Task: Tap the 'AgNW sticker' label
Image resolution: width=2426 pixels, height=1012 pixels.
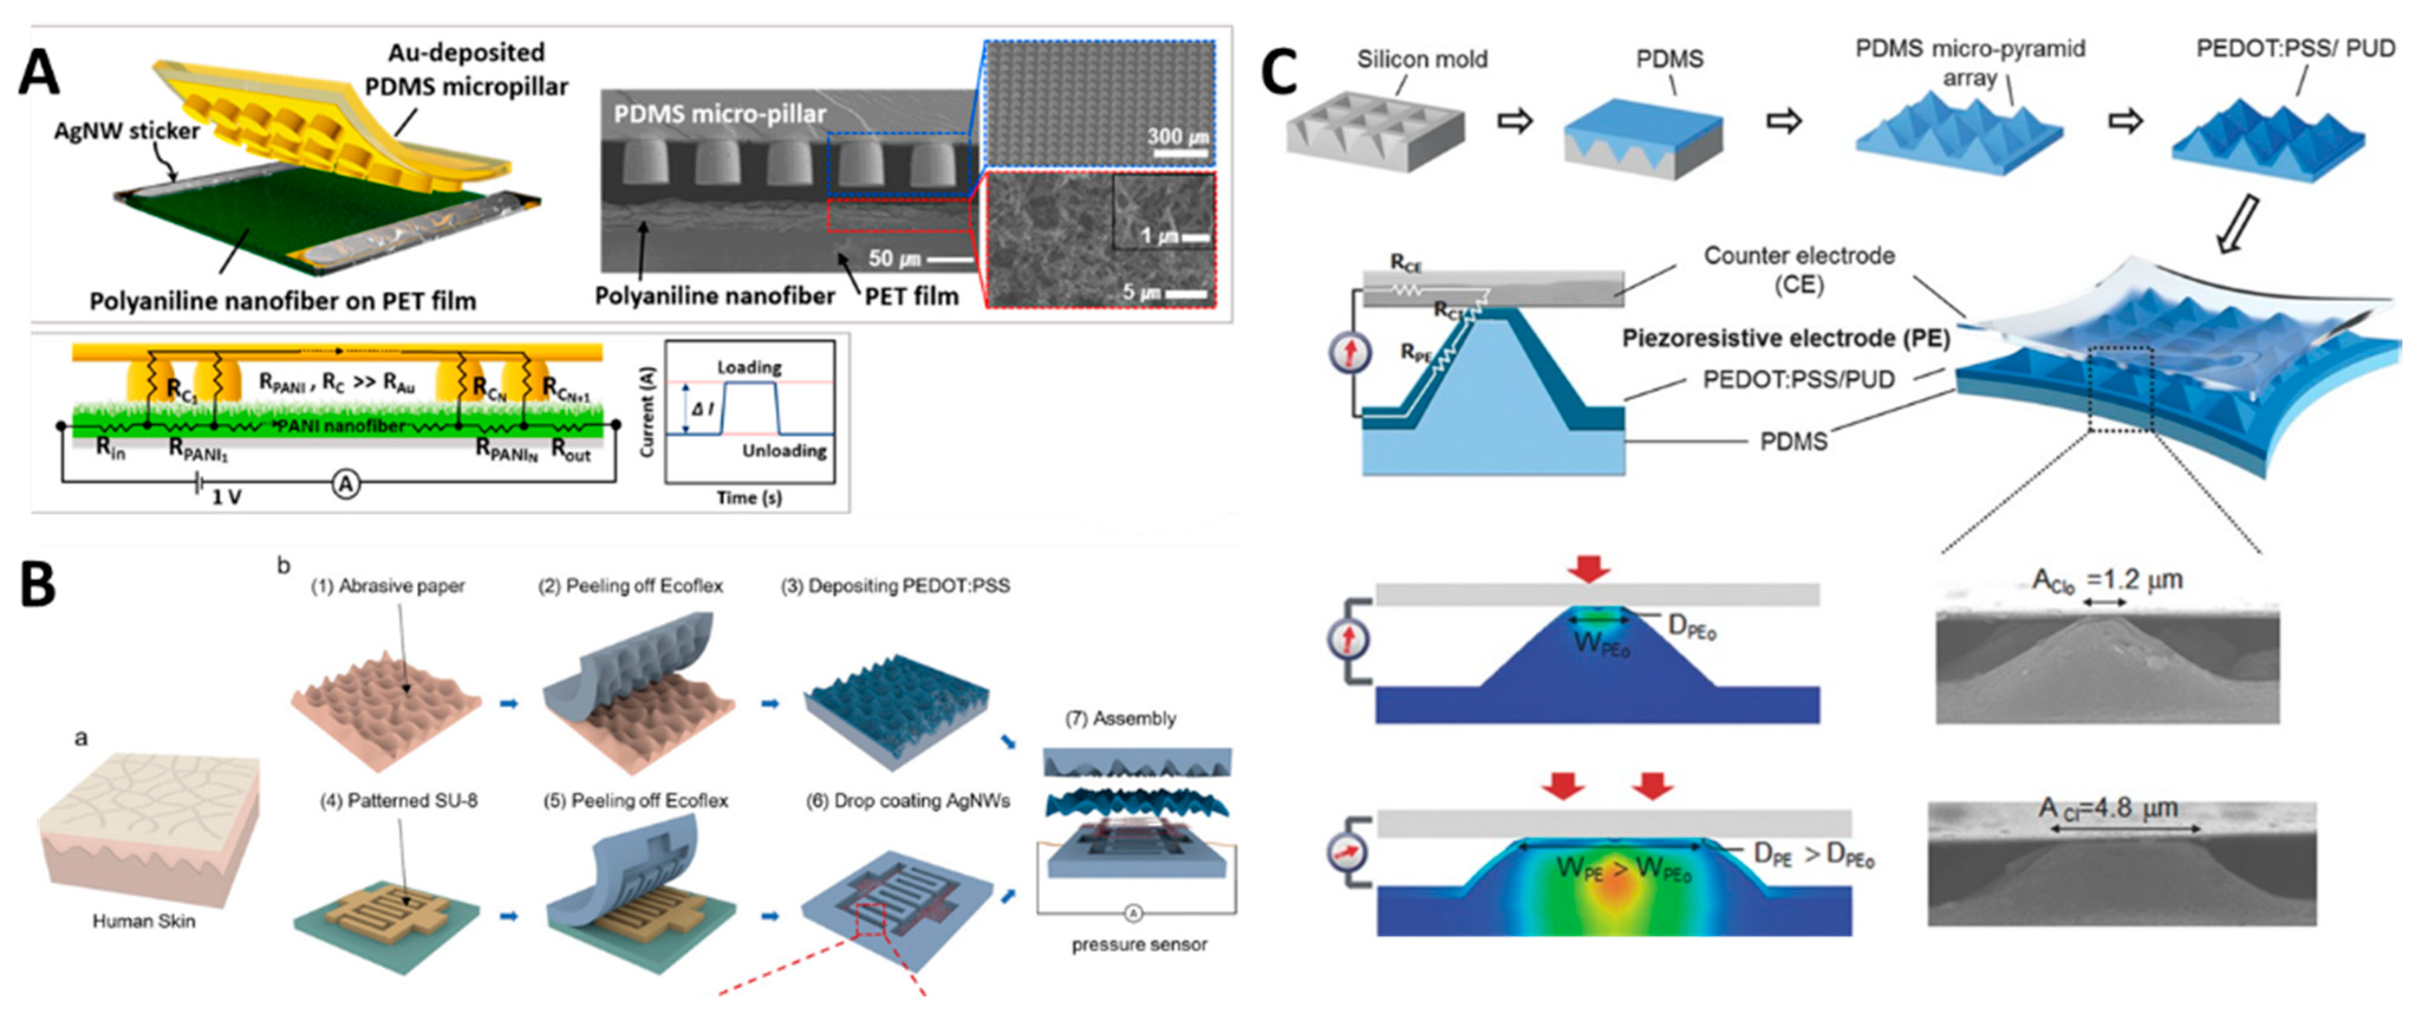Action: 126,131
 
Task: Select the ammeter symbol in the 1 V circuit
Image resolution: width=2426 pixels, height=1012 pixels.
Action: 347,484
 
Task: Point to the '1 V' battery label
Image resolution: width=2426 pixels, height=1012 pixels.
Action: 226,496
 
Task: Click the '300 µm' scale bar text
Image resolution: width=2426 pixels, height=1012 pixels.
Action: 1177,136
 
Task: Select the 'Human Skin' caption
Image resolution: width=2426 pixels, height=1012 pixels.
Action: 144,920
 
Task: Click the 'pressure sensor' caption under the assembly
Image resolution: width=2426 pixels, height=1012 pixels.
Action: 1139,944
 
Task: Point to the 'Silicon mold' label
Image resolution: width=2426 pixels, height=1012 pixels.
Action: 1421,59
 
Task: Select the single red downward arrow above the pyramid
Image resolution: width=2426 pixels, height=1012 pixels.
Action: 1589,569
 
